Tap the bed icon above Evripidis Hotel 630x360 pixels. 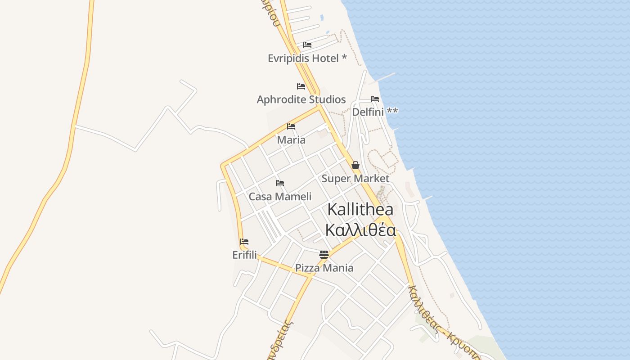tap(307, 45)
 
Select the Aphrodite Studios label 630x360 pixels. tap(301, 99)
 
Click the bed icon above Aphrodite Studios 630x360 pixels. tap(301, 86)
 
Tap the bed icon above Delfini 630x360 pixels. tap(375, 99)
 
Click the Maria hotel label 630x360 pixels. tap(291, 139)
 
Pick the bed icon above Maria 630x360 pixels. tap(291, 126)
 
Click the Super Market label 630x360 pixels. tap(355, 178)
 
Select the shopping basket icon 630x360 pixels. tap(355, 165)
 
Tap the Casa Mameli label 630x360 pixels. tap(280, 196)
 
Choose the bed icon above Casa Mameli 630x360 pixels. tap(280, 183)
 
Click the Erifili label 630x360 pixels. tap(244, 255)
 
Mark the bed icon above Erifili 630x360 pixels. tap(244, 242)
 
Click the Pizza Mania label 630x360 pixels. tap(324, 268)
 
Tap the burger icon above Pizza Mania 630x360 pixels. tap(324, 255)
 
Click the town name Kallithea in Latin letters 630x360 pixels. tap(360, 209)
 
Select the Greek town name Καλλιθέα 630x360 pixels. tap(360, 230)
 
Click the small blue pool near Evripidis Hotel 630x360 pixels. tap(321, 18)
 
